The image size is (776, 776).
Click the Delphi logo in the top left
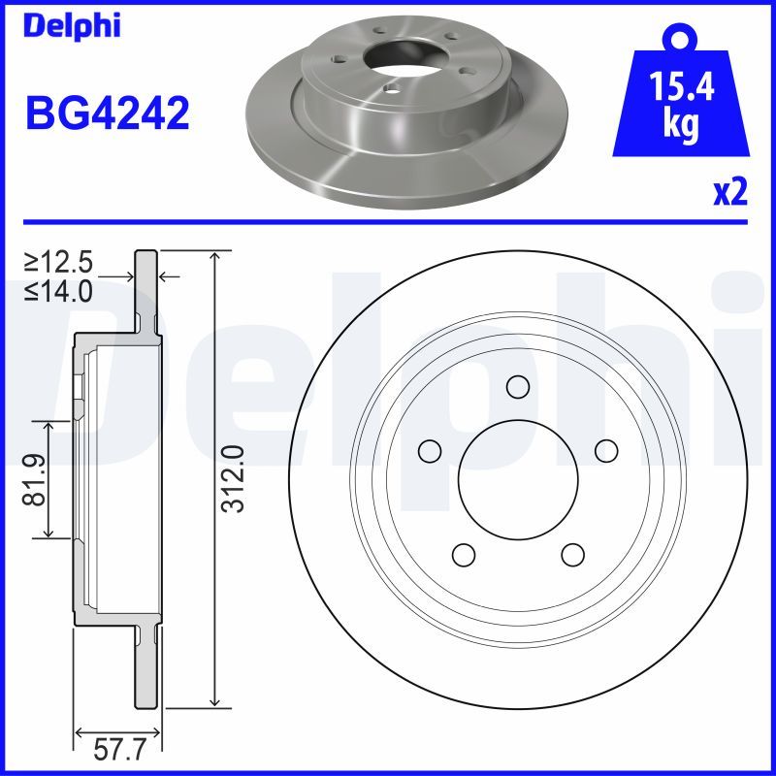pos(70,26)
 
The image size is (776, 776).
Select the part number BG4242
pos(107,114)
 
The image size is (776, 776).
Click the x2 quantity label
pos(730,192)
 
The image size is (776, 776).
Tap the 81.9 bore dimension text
pos(36,478)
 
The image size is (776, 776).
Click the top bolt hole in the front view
pos(518,386)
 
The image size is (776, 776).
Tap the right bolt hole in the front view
pos(606,450)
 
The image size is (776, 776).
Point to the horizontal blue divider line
pos(388,221)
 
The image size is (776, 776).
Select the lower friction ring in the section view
pos(144,669)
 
